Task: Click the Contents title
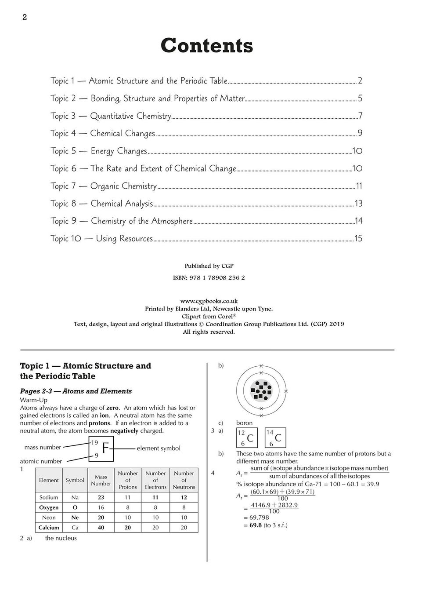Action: (x=207, y=46)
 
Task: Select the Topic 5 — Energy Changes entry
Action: (x=99, y=151)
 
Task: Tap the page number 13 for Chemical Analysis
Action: (x=358, y=204)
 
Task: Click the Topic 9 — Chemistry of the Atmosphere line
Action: (x=122, y=221)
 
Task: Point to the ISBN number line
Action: (x=209, y=278)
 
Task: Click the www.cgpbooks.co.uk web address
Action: (x=209, y=301)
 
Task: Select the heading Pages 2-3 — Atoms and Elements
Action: (x=76, y=391)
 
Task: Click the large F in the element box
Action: (x=105, y=448)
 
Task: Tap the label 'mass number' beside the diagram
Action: (x=43, y=447)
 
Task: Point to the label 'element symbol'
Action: (x=159, y=448)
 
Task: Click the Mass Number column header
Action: (x=101, y=480)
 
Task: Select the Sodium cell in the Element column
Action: (x=49, y=497)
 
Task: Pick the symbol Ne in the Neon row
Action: (x=75, y=518)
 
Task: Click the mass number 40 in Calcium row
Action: (x=101, y=528)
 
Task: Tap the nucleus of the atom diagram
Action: (x=261, y=390)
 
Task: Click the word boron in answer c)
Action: (x=244, y=423)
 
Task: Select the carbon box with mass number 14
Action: (x=276, y=438)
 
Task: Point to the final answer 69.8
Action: (x=256, y=525)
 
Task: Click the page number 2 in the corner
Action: (x=25, y=18)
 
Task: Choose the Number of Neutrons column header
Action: (x=184, y=480)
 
